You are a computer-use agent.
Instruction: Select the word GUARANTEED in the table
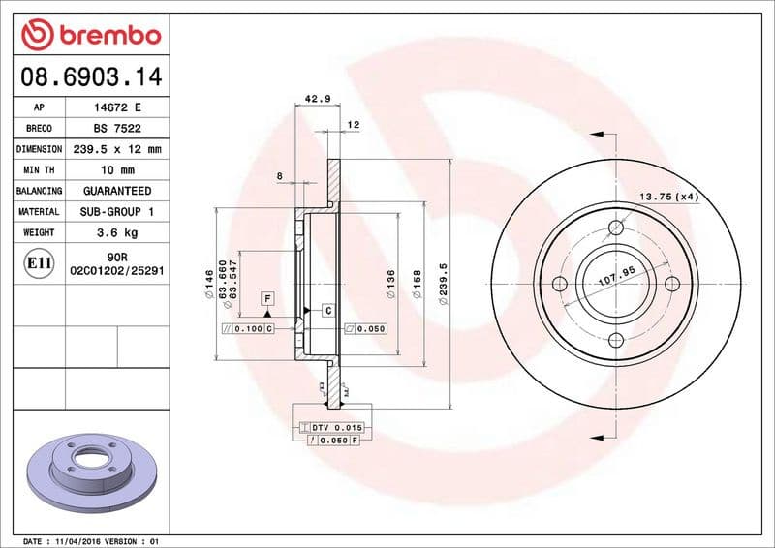(117, 191)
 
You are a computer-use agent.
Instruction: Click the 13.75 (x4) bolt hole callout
(667, 198)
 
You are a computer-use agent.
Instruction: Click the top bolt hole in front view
(615, 228)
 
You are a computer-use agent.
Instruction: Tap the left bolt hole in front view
(559, 284)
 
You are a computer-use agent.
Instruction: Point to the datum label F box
(266, 298)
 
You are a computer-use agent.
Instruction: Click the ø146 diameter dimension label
(209, 284)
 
